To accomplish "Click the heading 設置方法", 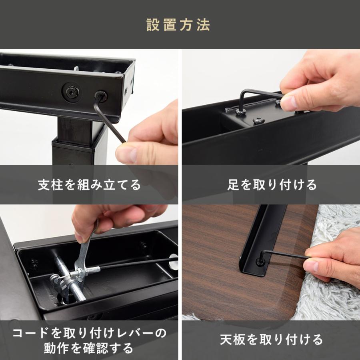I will (178, 25).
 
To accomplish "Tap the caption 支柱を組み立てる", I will (89, 185).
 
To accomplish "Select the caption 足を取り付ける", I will (272, 185).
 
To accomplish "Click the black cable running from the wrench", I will (132, 264).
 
